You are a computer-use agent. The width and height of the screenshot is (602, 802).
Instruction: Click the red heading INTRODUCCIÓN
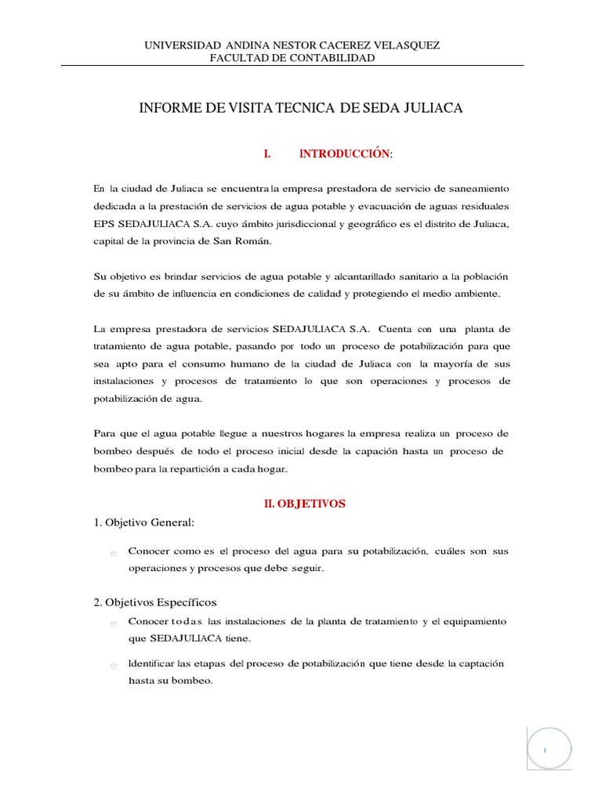pos(344,155)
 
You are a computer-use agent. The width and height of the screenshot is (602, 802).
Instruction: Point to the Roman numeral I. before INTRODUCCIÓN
pos(267,155)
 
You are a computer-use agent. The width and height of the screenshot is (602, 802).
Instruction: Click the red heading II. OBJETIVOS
pos(304,504)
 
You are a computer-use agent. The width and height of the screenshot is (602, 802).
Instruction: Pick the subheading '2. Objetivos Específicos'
pos(155,602)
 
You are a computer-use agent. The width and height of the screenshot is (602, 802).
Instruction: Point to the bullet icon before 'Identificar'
pos(114,666)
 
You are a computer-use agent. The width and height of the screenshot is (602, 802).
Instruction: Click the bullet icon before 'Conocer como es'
pos(114,553)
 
